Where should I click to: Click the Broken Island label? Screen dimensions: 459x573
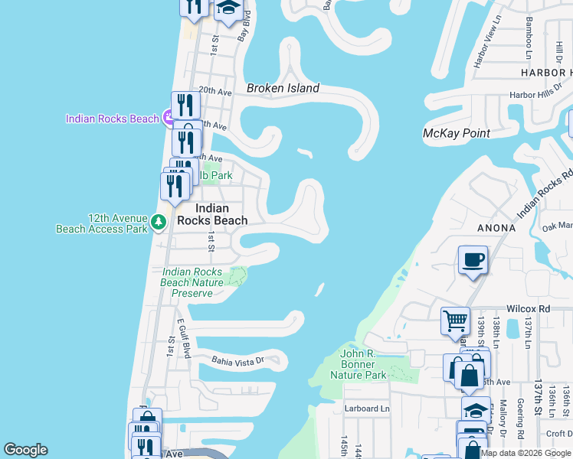[x=283, y=88]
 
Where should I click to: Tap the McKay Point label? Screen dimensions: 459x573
[x=457, y=133]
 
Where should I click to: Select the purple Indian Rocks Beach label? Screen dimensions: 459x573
[x=112, y=119]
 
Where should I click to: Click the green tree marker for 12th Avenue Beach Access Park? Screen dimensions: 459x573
[x=159, y=223]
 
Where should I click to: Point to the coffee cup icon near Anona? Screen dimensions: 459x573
[x=473, y=260]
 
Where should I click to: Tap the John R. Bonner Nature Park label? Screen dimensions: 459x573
[x=358, y=364]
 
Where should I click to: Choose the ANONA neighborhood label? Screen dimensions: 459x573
[x=497, y=228]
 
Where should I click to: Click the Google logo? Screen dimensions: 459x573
[x=25, y=450]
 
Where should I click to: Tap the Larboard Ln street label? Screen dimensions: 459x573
[x=367, y=409]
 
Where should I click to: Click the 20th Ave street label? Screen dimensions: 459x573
[x=214, y=90]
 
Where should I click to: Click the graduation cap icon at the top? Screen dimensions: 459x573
[x=228, y=7]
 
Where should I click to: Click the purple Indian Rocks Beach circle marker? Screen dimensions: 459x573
[x=171, y=118]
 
